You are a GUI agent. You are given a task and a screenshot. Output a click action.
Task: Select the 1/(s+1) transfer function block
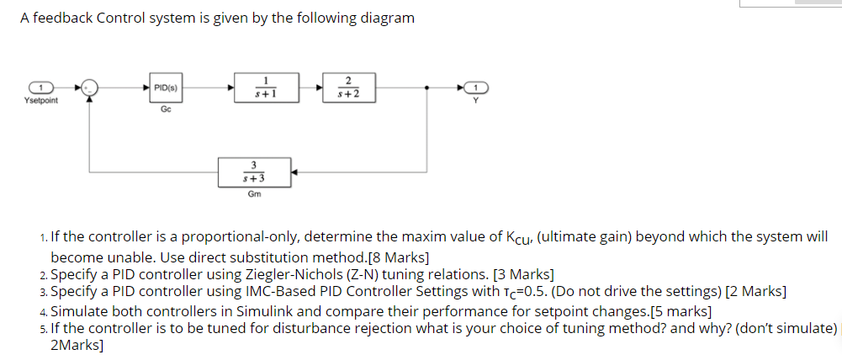266,87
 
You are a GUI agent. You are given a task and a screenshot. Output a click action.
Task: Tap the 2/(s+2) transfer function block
348,87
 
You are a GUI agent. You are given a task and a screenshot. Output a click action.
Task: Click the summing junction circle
90,87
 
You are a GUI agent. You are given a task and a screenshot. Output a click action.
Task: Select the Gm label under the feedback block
254,194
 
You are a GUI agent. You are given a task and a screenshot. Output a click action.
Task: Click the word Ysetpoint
41,101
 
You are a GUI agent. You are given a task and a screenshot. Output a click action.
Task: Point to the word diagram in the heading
387,18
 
